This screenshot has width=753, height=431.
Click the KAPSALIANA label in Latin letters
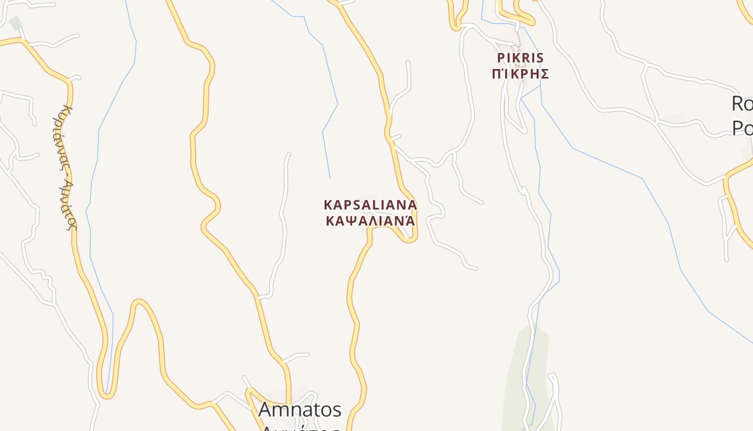pyautogui.click(x=370, y=205)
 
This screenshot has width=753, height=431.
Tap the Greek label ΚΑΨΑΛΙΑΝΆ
pyautogui.click(x=370, y=221)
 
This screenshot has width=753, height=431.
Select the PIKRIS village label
pyautogui.click(x=521, y=58)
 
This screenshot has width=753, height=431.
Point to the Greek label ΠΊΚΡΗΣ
pyautogui.click(x=521, y=74)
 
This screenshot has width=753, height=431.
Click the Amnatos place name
pyautogui.click(x=300, y=409)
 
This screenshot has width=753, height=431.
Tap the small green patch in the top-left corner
pyautogui.click(x=16, y=23)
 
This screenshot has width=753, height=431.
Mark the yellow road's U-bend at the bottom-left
pyautogui.click(x=106, y=393)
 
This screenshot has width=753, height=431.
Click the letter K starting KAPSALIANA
pyautogui.click(x=328, y=205)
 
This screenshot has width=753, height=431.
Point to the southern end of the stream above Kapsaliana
pyautogui.click(x=330, y=177)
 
